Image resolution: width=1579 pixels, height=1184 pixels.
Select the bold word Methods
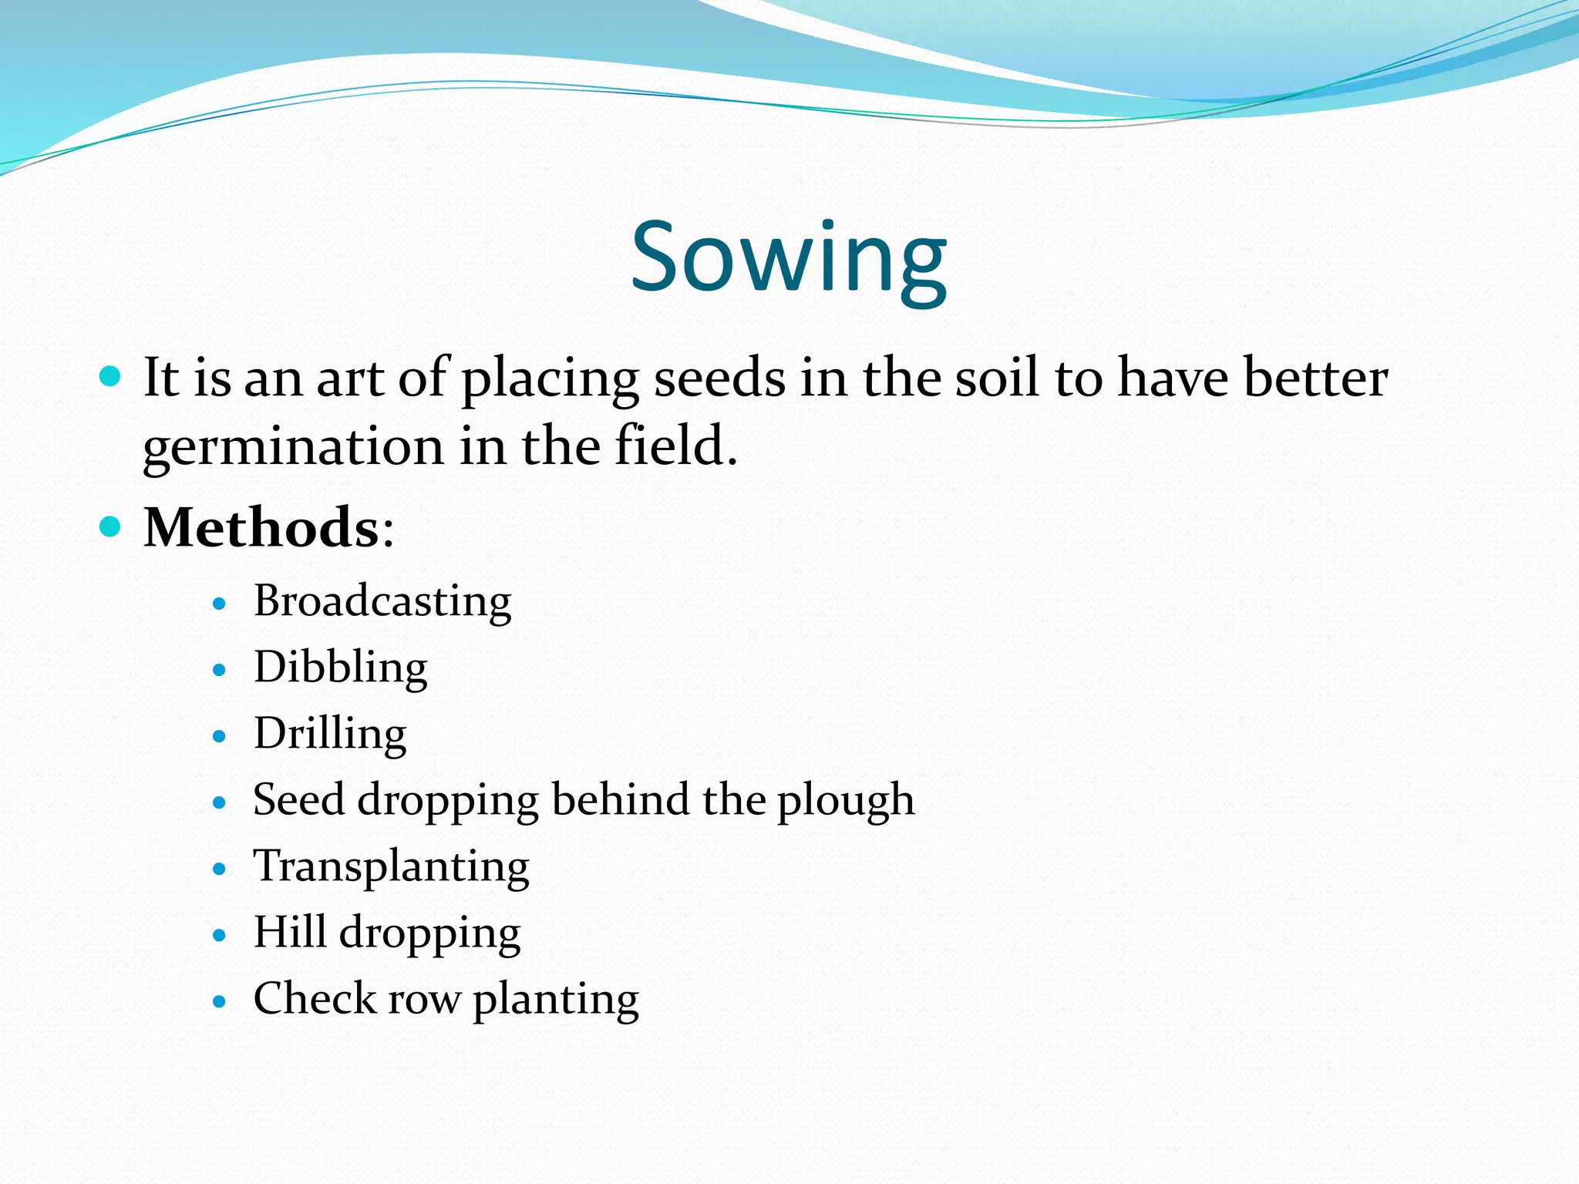click(x=261, y=528)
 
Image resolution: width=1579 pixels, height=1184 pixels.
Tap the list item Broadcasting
click(x=382, y=601)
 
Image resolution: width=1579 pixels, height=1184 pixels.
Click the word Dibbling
click(x=340, y=668)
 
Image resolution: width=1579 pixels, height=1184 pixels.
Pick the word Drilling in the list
click(x=330, y=734)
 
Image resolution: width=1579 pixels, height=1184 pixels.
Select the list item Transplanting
click(x=391, y=866)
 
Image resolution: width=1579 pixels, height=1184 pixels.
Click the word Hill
click(x=290, y=932)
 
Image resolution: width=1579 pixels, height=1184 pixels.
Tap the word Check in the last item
click(x=314, y=999)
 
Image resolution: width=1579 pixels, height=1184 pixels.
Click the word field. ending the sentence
click(x=675, y=447)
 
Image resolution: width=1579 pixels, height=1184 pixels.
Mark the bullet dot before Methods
click(x=111, y=526)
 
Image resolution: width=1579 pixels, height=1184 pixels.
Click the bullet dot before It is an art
click(x=111, y=377)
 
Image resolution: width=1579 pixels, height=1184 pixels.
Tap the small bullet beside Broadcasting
click(x=220, y=604)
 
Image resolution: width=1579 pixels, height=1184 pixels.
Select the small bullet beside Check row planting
click(x=220, y=1001)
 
